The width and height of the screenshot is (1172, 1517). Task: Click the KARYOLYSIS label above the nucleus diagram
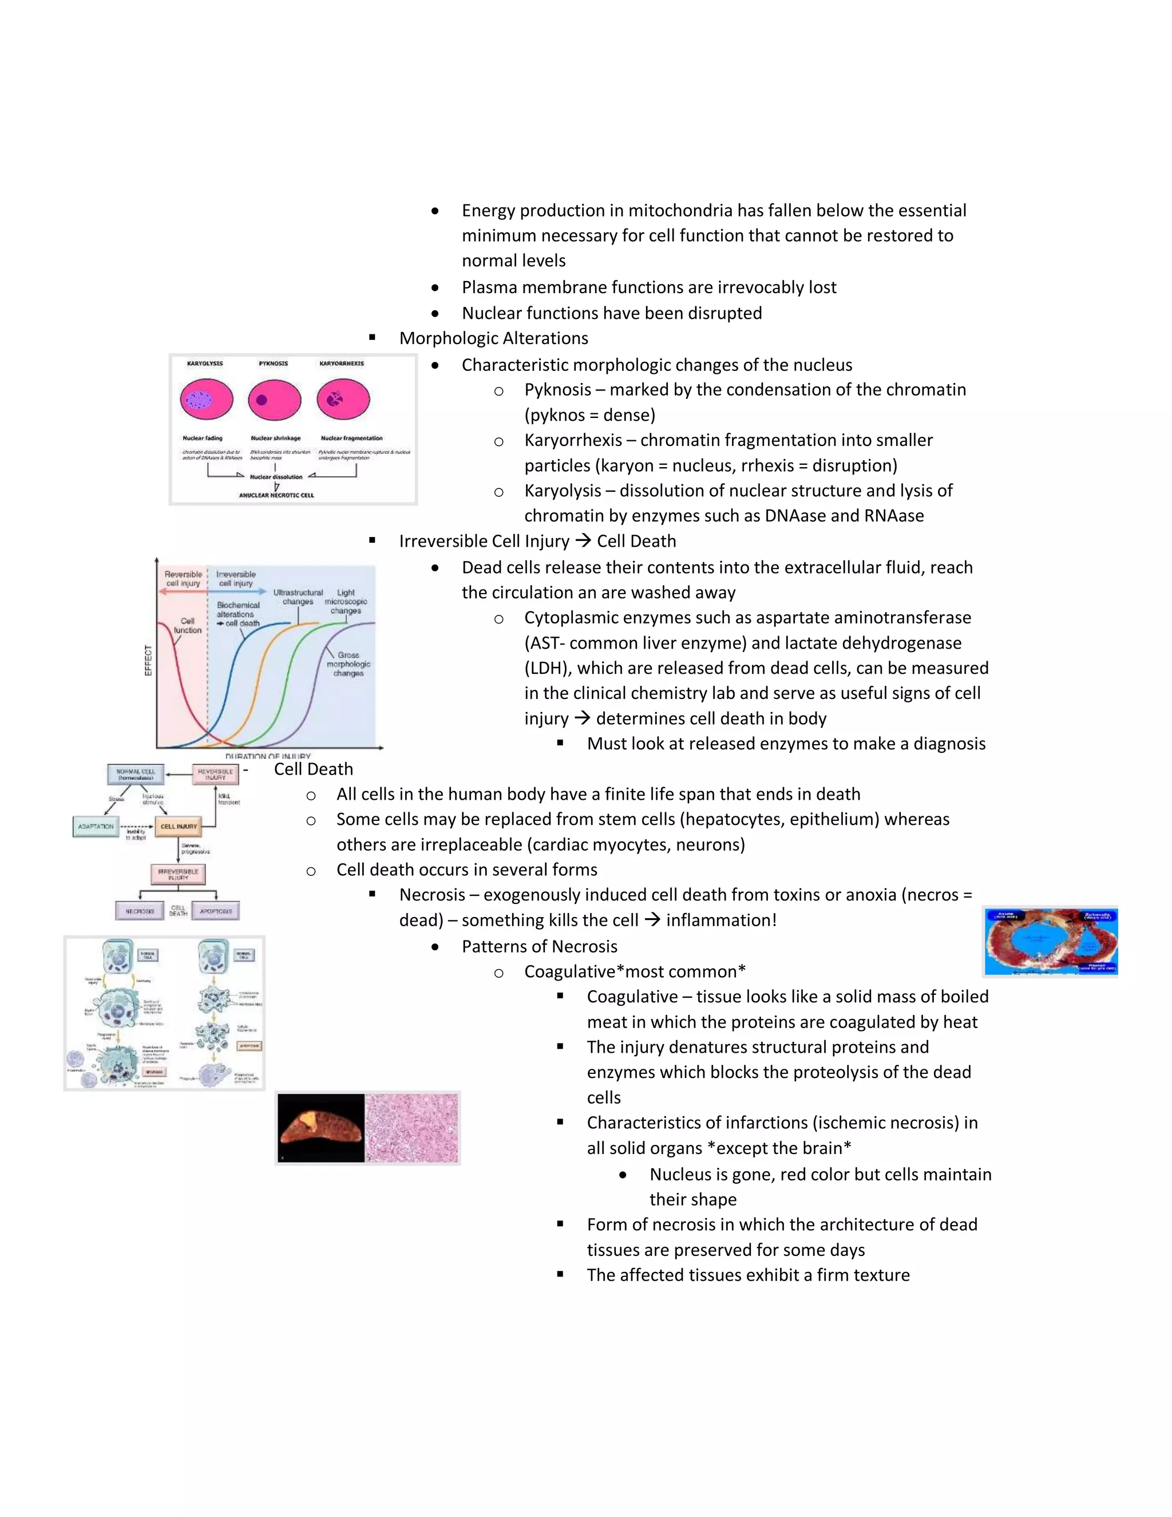(x=205, y=364)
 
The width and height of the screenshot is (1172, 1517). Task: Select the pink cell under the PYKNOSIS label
(x=274, y=400)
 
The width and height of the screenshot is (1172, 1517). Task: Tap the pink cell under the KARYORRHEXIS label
(x=343, y=400)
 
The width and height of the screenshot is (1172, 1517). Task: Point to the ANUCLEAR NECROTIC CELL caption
(x=276, y=495)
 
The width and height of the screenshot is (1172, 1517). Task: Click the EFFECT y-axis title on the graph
(x=148, y=660)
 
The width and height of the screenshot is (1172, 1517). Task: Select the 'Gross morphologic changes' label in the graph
(x=349, y=664)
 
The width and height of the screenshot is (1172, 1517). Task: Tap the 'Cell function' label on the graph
(x=188, y=625)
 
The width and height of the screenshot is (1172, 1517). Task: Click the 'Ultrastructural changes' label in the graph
(x=298, y=596)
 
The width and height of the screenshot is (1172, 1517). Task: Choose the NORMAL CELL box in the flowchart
(x=136, y=774)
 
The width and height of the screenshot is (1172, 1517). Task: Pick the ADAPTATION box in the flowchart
(x=96, y=827)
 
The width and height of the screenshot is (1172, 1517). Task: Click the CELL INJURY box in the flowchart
(x=179, y=827)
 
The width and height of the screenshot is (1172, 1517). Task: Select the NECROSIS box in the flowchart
(x=140, y=911)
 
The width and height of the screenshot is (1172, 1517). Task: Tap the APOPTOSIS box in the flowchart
(x=216, y=911)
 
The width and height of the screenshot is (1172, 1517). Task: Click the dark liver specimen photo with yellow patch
(x=321, y=1128)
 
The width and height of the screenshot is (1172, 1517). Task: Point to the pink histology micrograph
(x=411, y=1128)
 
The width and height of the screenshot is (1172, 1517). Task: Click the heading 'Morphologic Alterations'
(x=494, y=338)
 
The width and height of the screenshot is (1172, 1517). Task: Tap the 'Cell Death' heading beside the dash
(x=313, y=769)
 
